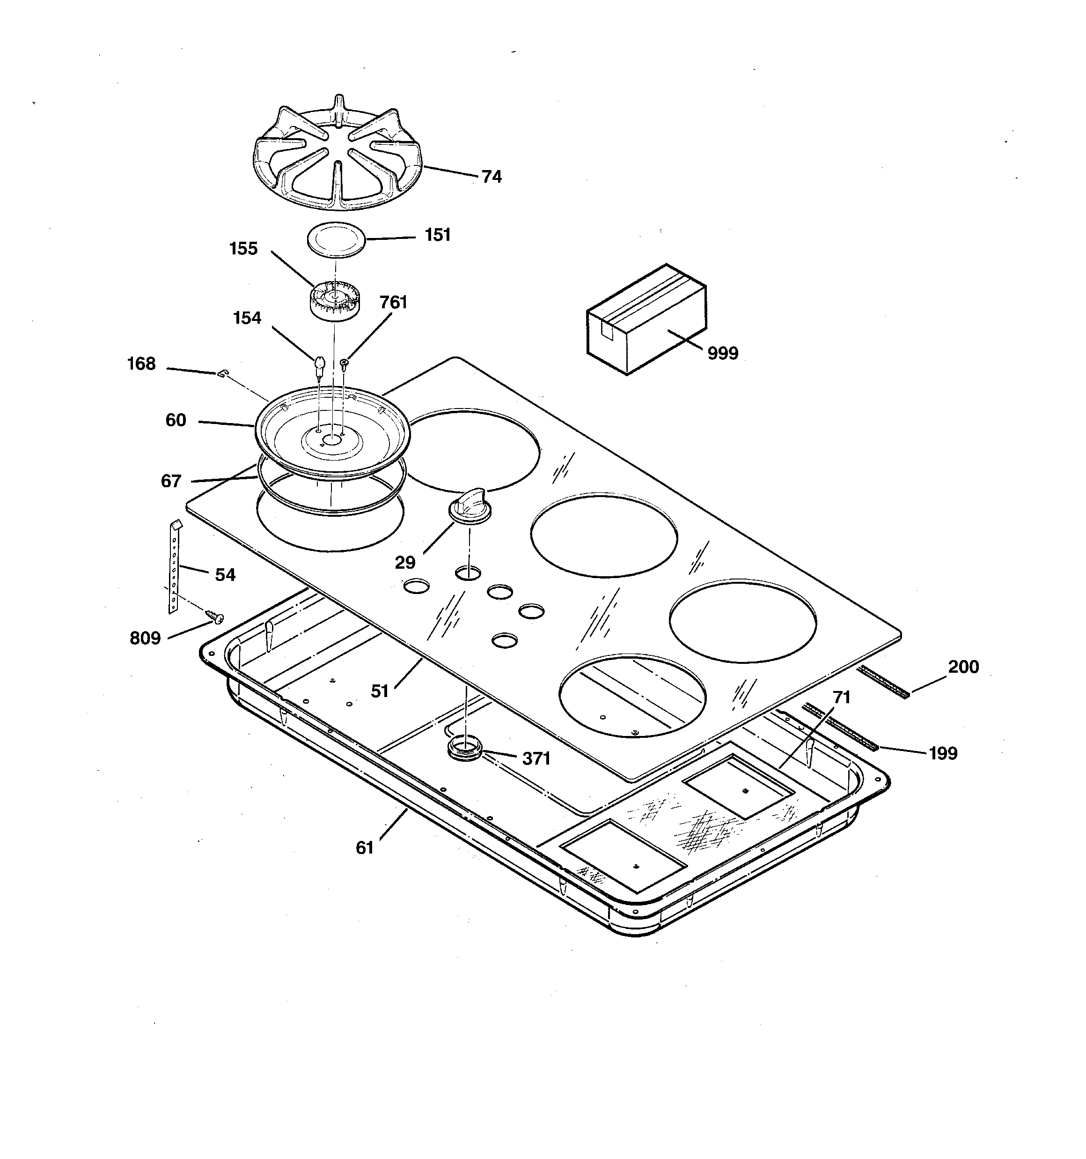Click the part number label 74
[491, 177]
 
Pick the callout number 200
[963, 666]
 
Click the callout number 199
[943, 753]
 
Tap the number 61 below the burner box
[365, 847]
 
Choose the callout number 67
[171, 481]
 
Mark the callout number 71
[841, 697]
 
